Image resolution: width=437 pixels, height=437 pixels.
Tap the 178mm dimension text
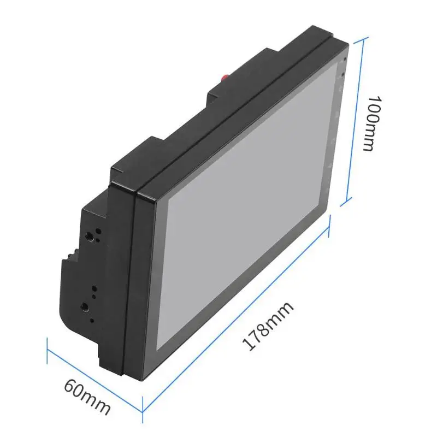(268, 326)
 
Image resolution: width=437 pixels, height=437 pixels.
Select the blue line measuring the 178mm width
(236, 313)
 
